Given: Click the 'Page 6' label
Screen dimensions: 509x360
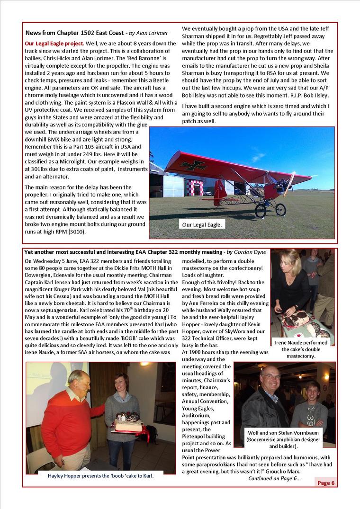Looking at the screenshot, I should coord(326,483).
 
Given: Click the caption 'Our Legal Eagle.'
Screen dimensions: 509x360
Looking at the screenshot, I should coord(201,225).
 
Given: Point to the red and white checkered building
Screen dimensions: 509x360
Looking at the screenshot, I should coord(194,187).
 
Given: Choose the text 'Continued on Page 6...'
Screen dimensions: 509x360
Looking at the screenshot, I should coord(274,478).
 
